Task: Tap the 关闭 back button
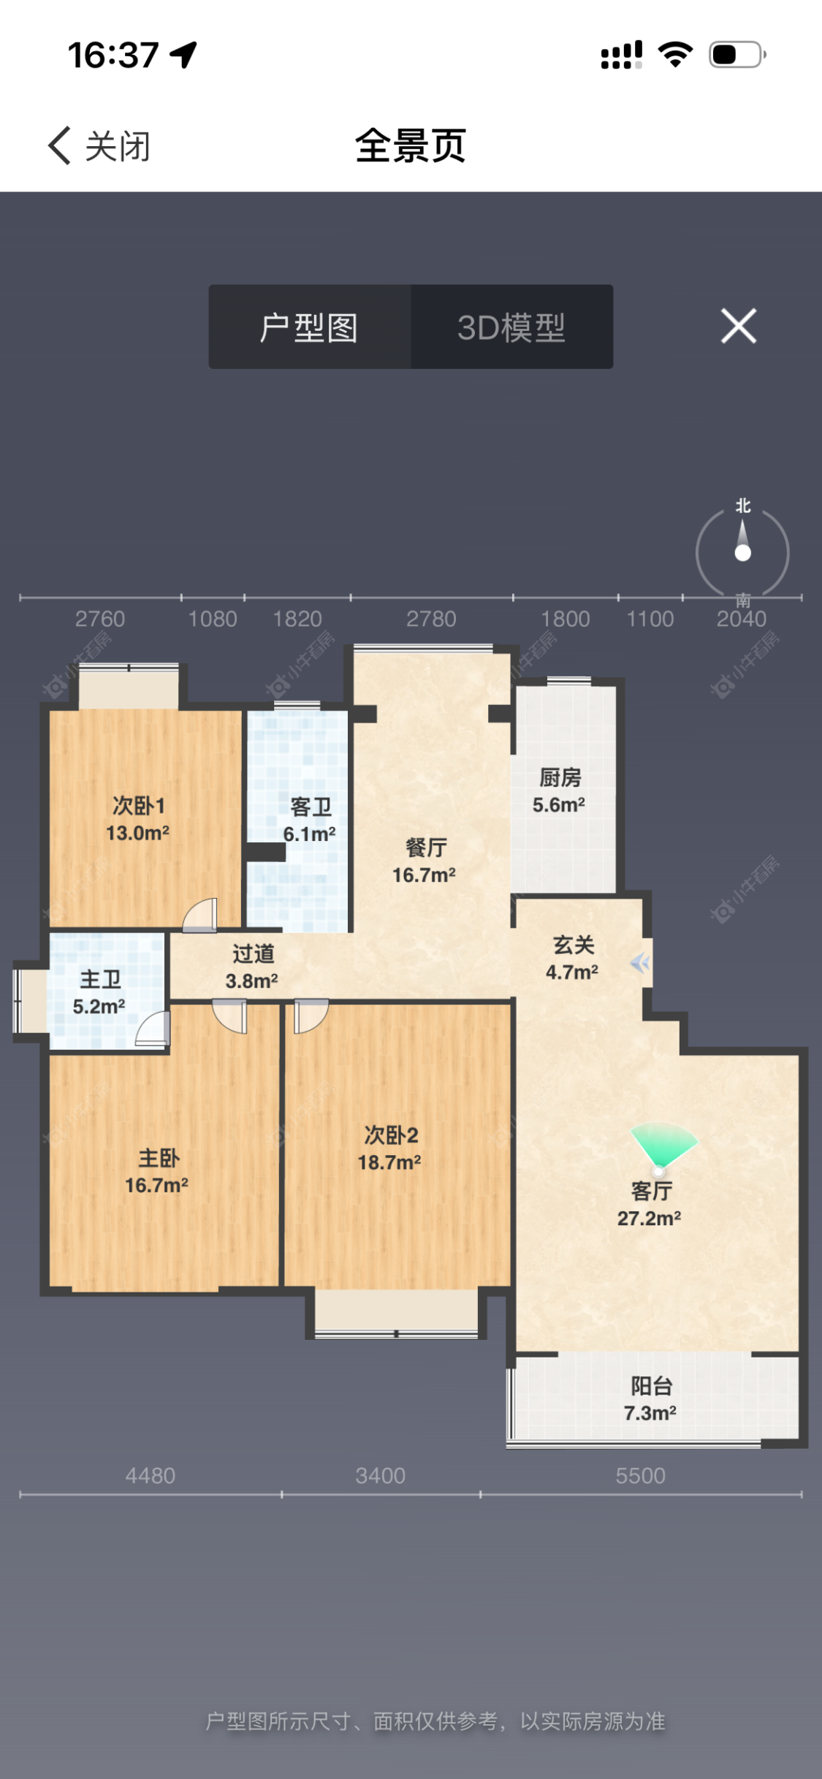point(99,146)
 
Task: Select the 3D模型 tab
point(511,327)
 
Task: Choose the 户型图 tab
point(309,327)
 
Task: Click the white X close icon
point(739,326)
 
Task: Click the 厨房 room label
point(560,778)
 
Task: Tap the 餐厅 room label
point(426,848)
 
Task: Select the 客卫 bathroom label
point(311,807)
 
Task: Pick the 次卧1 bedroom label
point(139,806)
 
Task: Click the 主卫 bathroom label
point(100,980)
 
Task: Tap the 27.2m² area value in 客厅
point(649,1219)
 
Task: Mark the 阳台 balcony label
point(651,1386)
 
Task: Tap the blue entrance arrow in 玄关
point(640,964)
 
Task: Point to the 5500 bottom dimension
point(640,1476)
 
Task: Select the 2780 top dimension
point(431,620)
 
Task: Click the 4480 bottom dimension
point(151,1476)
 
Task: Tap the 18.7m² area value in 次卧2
point(389,1162)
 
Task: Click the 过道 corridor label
point(254,954)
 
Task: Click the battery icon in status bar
point(737,55)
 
